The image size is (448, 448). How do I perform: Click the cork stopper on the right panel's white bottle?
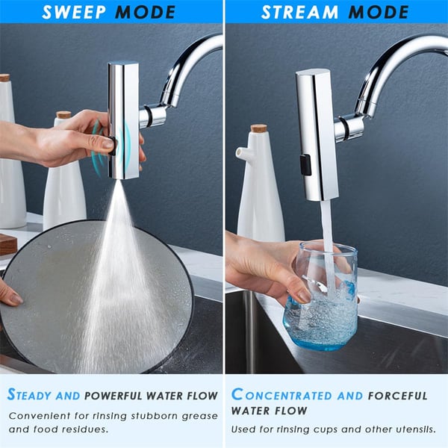(x=258, y=128)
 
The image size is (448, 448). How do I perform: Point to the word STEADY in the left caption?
(x=34, y=395)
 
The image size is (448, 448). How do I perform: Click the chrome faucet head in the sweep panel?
(x=123, y=119)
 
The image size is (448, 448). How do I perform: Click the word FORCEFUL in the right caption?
(x=398, y=395)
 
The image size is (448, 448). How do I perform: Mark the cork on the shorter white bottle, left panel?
(x=63, y=114)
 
